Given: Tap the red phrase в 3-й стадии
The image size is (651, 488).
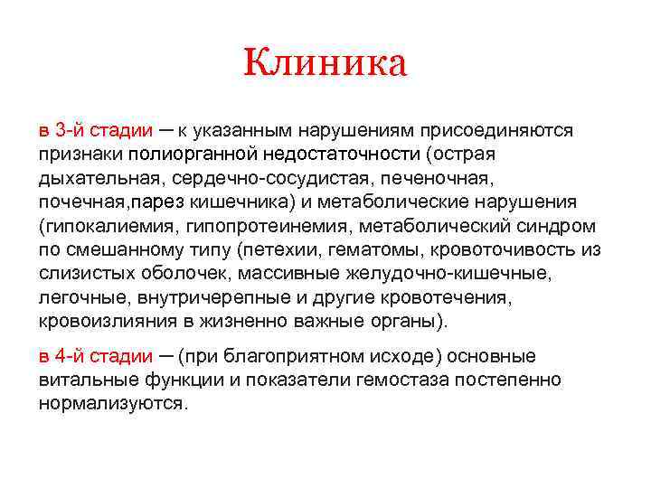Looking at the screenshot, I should (96, 130).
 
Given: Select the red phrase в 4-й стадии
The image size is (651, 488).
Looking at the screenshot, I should (96, 355).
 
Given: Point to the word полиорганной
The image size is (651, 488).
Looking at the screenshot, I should (193, 154).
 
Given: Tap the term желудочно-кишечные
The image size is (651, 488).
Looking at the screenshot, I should (476, 271).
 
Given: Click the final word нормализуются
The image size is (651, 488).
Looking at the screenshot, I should (113, 402).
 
